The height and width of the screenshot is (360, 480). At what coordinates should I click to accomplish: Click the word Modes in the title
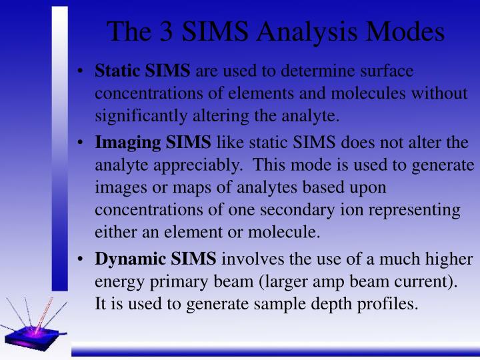coord(409,32)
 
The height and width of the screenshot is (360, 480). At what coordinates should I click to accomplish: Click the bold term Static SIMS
coord(142,71)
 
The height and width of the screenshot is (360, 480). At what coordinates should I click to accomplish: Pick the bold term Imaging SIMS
coord(153,143)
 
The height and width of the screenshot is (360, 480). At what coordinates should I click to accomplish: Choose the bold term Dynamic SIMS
coord(155,259)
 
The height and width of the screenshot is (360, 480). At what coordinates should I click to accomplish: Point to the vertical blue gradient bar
coord(60,147)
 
